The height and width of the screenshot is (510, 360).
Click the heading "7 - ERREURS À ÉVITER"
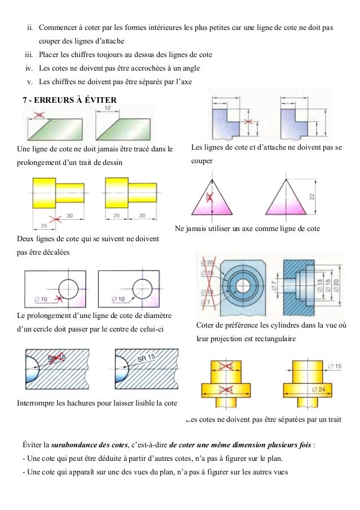coord(69,100)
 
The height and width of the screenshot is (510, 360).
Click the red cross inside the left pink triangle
coord(210,197)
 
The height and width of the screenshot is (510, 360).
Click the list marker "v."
coord(30,81)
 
